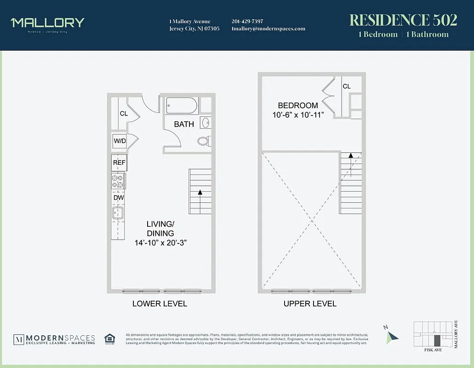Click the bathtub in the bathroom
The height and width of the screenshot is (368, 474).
point(182,106)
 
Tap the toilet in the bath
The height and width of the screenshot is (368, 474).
point(204,141)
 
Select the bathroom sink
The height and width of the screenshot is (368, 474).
point(206,123)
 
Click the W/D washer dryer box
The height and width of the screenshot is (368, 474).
point(119,141)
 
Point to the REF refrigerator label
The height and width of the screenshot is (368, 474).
point(119,162)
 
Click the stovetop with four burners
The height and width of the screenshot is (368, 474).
point(118,181)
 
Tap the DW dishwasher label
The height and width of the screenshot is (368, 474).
point(119,198)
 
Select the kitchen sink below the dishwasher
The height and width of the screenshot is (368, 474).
point(118,213)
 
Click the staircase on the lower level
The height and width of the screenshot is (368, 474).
point(200,191)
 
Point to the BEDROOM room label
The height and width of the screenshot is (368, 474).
point(297,105)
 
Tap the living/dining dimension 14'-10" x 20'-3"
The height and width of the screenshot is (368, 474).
point(160,242)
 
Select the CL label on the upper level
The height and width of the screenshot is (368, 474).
point(346,86)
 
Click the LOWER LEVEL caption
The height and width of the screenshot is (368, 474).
point(160,304)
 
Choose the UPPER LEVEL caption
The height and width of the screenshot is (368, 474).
point(310,304)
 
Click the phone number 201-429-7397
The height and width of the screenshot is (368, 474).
point(247,21)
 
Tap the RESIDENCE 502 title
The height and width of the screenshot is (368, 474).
point(403,20)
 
